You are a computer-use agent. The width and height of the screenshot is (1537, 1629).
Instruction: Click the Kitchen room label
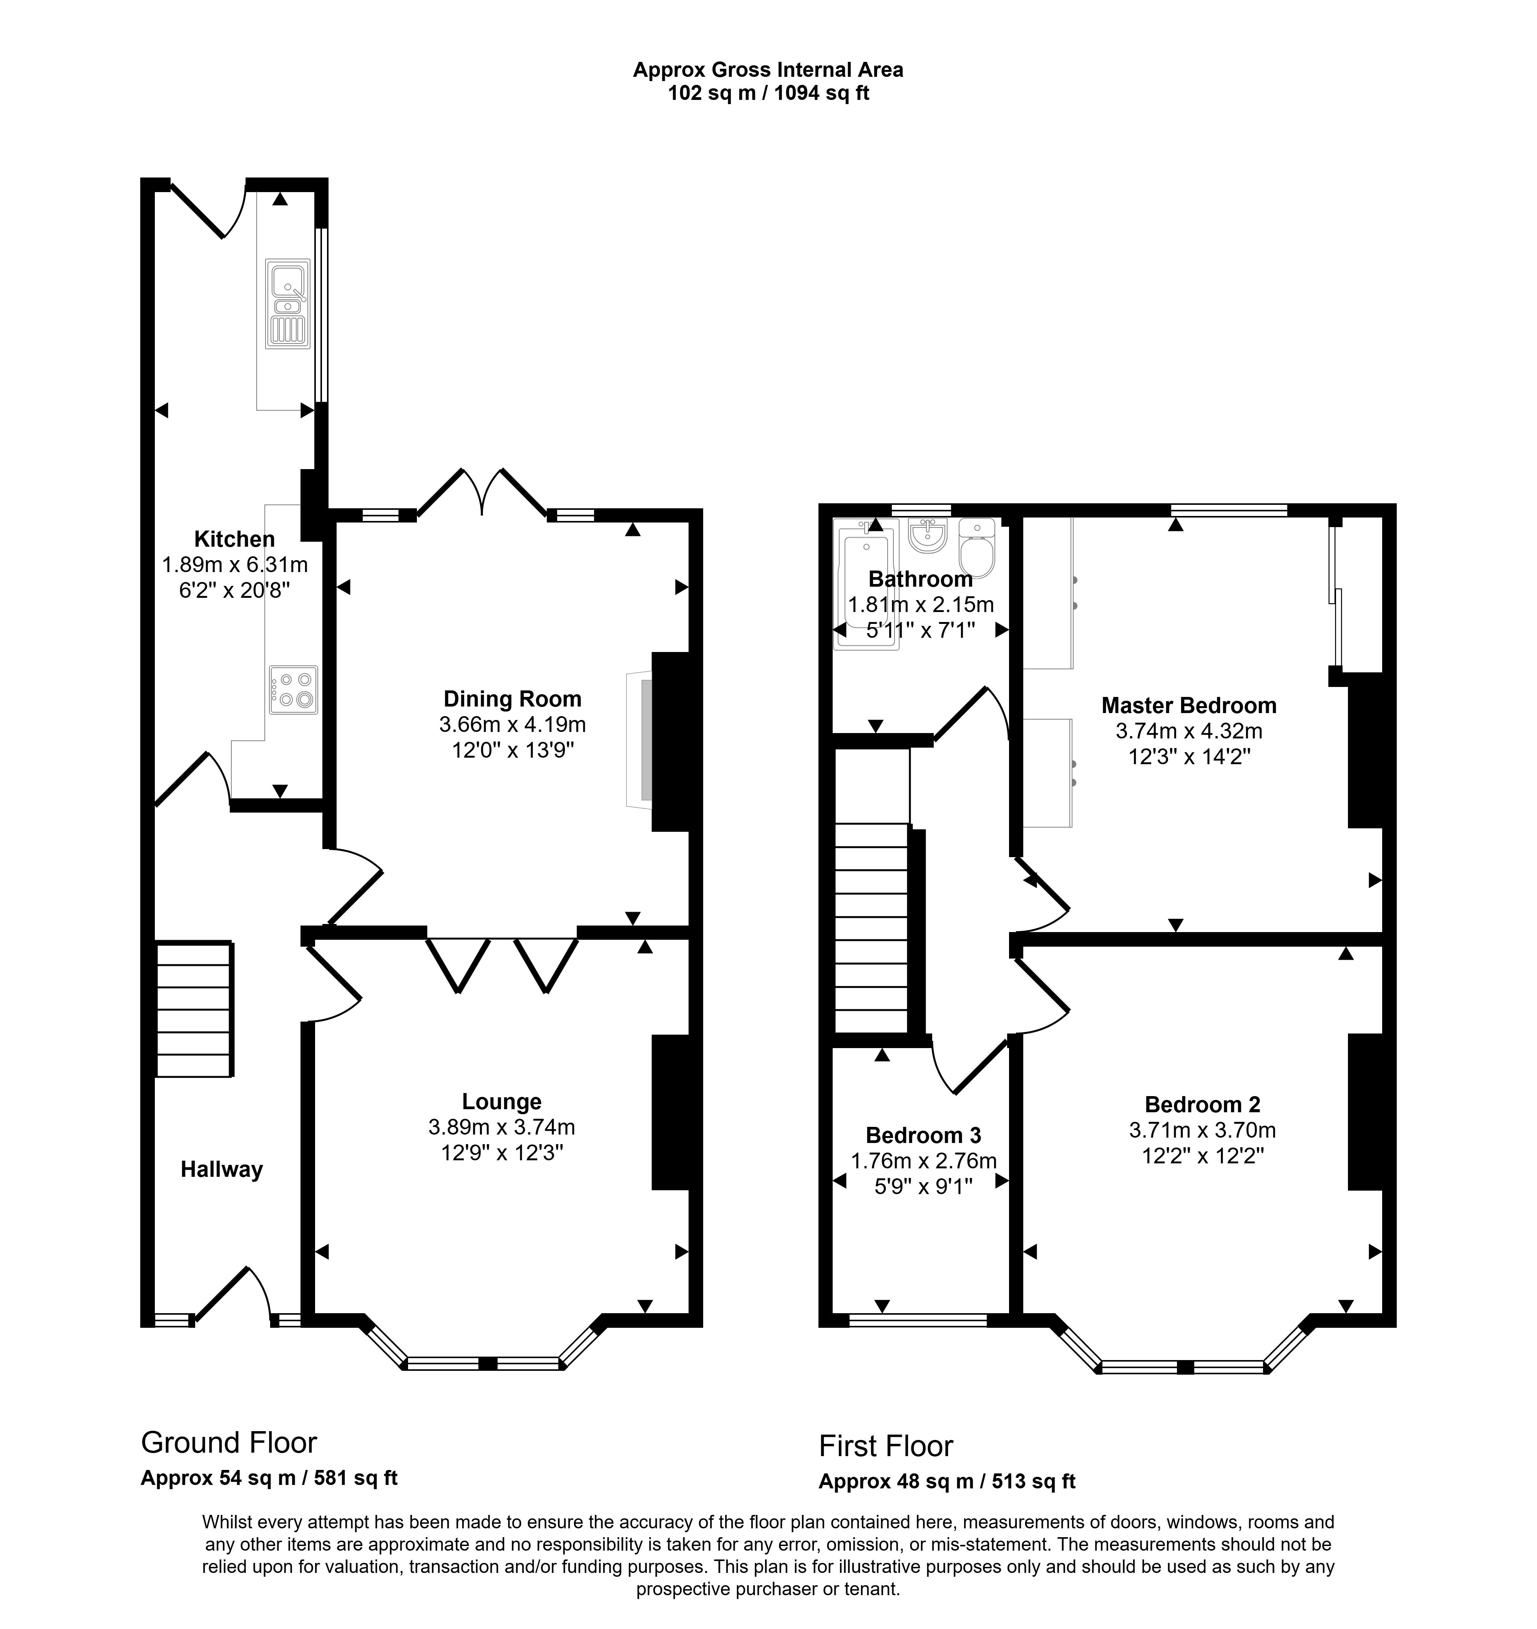pos(234,539)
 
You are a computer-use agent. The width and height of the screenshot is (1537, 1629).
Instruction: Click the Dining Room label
pos(512,699)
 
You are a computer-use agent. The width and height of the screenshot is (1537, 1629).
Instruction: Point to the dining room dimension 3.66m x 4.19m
pos(512,724)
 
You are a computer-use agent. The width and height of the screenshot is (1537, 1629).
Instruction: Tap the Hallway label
pos(221,1169)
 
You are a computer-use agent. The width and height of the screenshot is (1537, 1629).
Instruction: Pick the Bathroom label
pos(921,579)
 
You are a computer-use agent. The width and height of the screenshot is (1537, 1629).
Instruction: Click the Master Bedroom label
pos(1188,705)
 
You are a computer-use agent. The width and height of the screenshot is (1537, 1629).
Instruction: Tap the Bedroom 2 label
pos(1203,1105)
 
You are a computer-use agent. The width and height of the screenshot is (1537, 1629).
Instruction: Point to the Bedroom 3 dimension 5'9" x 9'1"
pos(923,1186)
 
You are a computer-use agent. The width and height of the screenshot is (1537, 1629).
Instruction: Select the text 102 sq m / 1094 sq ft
pos(768,93)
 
